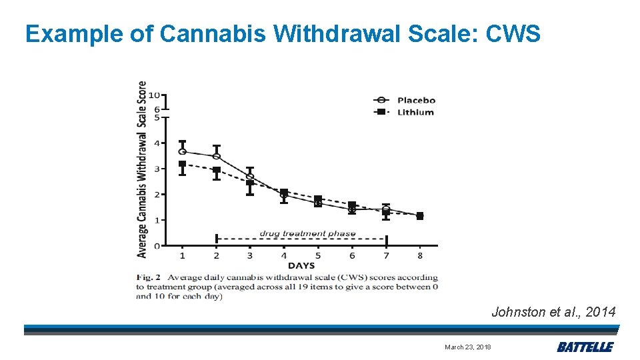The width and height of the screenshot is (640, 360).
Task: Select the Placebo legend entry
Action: [x=415, y=101]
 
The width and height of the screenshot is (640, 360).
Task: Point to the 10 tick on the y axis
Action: [x=153, y=95]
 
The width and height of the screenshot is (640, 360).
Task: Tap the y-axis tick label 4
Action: [x=157, y=143]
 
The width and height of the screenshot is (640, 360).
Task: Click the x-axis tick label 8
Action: [x=419, y=255]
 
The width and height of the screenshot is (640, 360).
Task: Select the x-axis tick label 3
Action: [x=249, y=255]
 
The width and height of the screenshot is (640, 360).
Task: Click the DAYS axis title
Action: [x=301, y=265]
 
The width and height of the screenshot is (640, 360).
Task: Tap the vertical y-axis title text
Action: [x=142, y=169]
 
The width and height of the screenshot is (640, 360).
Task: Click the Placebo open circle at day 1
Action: [x=182, y=152]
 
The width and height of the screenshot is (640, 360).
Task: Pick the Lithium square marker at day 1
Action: [x=182, y=164]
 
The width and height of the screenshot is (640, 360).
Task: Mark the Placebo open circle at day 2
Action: [x=216, y=157]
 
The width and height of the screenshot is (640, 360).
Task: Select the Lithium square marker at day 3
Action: [x=250, y=183]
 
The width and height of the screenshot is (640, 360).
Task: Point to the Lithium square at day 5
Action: [x=318, y=199]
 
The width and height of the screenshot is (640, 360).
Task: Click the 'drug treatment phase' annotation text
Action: [x=307, y=233]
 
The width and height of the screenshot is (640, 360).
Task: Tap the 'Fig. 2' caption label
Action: [x=149, y=277]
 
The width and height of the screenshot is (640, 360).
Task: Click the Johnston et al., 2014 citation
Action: [x=553, y=311]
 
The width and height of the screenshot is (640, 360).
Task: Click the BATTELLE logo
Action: [x=585, y=347]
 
